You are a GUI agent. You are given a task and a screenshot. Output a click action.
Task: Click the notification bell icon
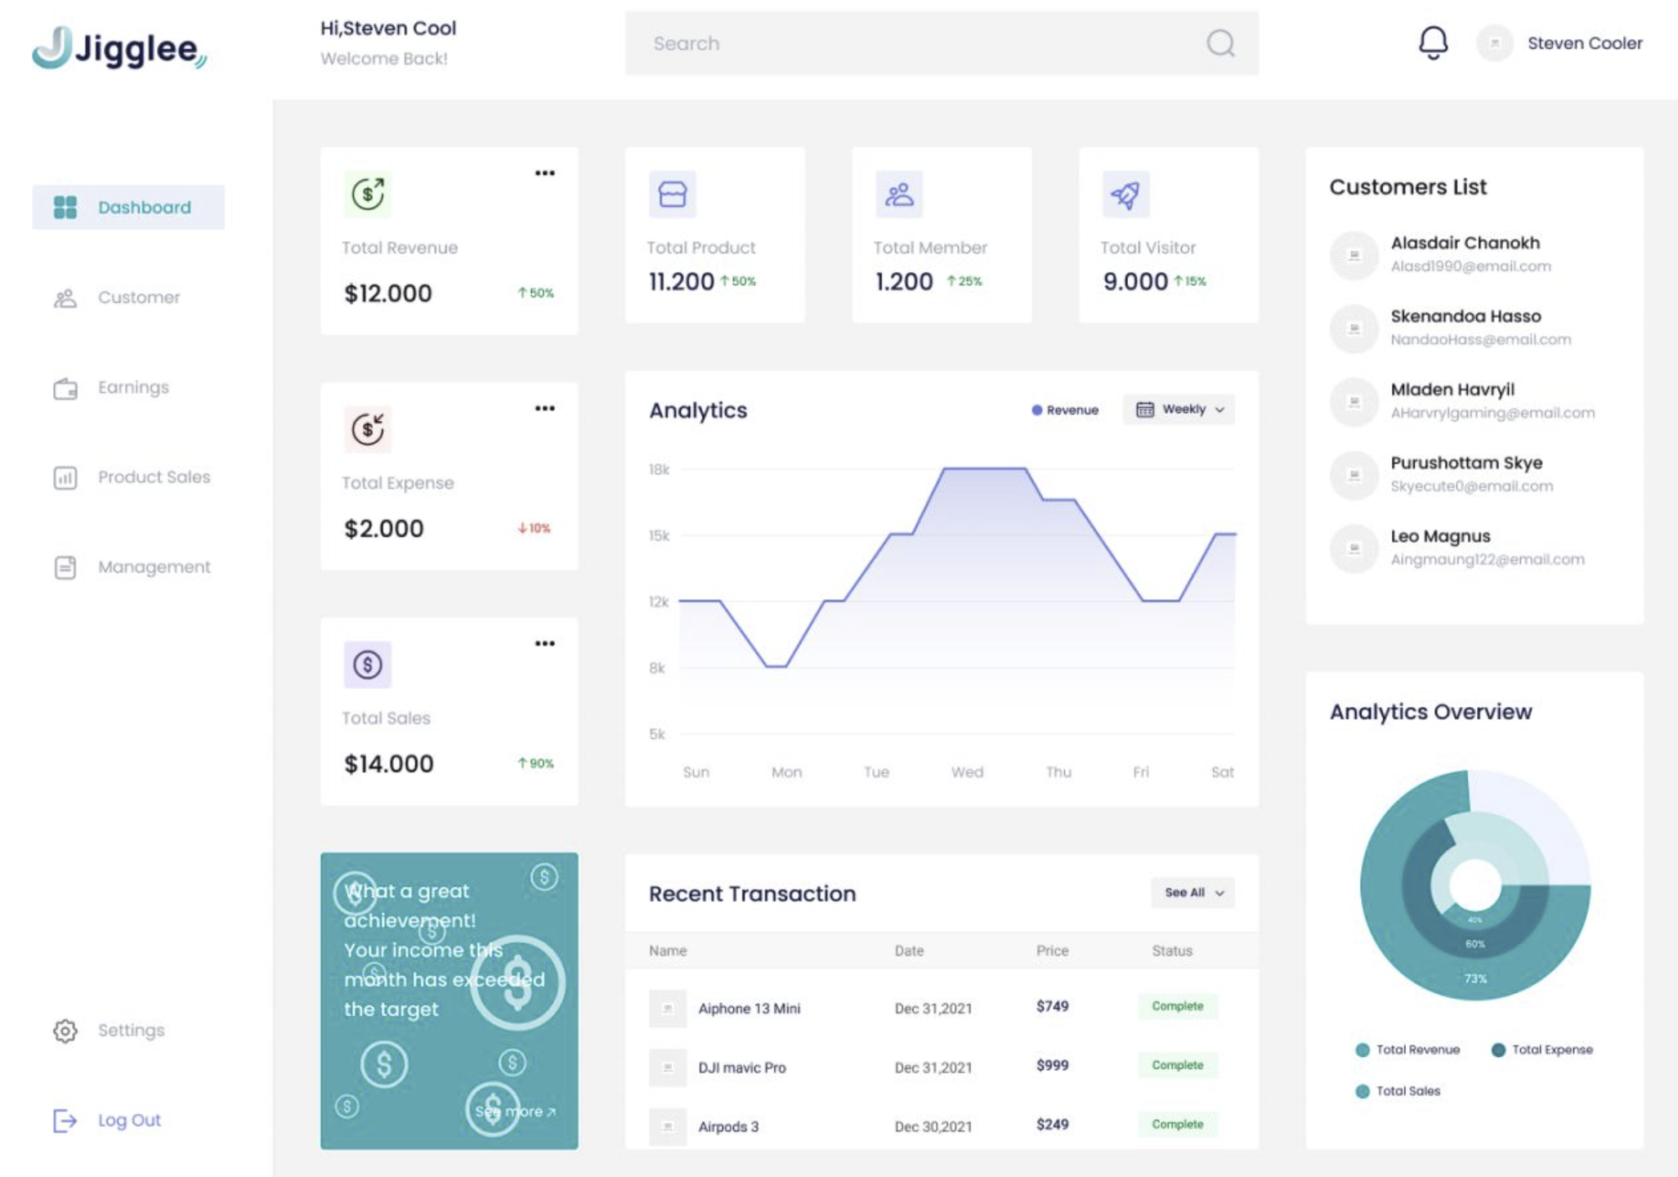coord(1433,43)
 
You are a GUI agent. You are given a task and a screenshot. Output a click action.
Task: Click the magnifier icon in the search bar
coord(1220,43)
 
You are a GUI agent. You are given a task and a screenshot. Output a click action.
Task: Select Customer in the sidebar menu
coord(138,298)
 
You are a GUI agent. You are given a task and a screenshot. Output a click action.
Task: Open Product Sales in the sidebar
coord(153,477)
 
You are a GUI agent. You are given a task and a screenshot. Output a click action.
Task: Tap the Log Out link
coord(128,1120)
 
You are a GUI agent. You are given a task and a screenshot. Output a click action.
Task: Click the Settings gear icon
coord(65,1031)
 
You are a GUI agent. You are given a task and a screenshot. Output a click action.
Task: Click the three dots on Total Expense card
coord(544,408)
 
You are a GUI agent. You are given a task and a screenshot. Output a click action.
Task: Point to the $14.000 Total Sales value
coord(389,763)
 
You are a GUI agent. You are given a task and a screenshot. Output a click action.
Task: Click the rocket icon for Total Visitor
coord(1125,195)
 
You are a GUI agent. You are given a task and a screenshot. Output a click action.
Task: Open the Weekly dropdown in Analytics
coord(1179,409)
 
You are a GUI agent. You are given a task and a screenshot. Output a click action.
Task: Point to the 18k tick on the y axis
coord(659,469)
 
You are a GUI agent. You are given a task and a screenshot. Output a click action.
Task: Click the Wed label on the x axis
coord(967,772)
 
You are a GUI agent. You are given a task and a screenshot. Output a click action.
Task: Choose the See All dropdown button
coord(1192,893)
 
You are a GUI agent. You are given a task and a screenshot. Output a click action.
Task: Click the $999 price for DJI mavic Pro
coord(1052,1065)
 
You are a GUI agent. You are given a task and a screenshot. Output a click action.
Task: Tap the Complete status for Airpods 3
coord(1177,1125)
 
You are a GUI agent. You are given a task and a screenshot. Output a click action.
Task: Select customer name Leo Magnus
coord(1440,536)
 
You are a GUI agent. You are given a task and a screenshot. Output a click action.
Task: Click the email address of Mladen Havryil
coord(1492,413)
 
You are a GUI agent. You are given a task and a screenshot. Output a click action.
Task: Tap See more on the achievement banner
coord(515,1112)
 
